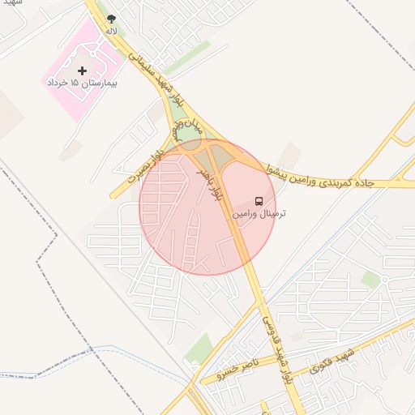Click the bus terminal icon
click(x=259, y=200)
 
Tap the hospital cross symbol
click(x=82, y=71)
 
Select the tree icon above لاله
click(x=111, y=18)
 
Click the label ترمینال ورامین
click(x=259, y=214)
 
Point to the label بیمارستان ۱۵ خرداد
click(x=82, y=83)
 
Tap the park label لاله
click(x=111, y=31)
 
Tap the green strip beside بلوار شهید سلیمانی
click(x=188, y=58)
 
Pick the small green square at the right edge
click(x=370, y=280)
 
